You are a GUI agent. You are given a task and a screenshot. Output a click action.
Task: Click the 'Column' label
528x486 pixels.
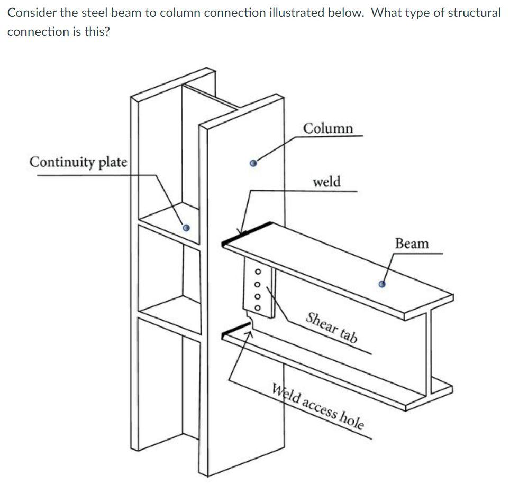click(328, 128)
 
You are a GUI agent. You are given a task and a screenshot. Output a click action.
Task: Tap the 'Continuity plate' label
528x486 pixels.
click(78, 162)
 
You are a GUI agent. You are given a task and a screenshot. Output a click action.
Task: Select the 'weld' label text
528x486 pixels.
click(326, 182)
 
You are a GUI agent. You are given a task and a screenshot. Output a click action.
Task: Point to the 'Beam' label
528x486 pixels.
click(412, 244)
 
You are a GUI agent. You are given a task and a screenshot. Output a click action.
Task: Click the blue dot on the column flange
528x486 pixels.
click(253, 163)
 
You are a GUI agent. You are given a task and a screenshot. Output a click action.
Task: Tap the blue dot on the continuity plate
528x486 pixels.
click(185, 228)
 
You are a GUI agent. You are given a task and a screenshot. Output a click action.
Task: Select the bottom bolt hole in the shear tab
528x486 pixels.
click(258, 308)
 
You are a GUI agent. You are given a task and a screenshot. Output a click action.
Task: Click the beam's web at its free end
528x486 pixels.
click(429, 349)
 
